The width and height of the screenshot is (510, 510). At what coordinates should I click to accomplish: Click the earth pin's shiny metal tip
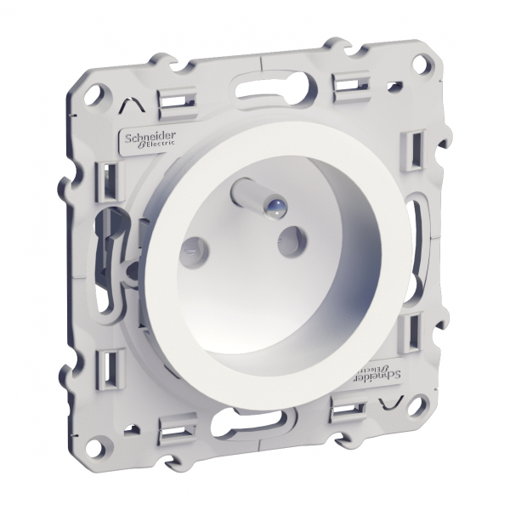point(277,206)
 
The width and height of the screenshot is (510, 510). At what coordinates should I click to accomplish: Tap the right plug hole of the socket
point(292,241)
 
